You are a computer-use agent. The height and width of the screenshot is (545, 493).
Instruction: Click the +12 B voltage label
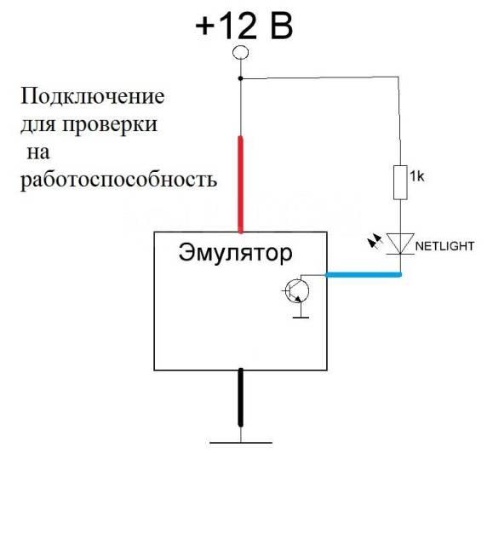coord(244,26)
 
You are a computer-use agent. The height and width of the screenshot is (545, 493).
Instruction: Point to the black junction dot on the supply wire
coord(240,78)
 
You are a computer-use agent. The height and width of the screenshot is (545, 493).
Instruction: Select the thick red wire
coord(240,184)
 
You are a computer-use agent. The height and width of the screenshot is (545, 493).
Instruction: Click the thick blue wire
coord(364,275)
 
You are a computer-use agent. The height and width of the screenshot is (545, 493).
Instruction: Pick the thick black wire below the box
coord(240,398)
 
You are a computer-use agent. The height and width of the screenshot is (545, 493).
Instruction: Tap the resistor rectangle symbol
coord(400,183)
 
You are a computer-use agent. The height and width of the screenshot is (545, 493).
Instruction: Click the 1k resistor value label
coord(417,177)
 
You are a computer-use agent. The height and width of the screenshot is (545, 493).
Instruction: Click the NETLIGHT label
coord(444,246)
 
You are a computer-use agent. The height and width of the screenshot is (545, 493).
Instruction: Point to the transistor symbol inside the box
coord(296,291)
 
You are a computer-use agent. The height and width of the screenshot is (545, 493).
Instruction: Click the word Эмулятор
coord(236,253)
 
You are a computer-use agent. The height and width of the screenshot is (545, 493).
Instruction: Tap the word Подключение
coord(93,96)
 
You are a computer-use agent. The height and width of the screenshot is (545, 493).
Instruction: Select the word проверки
coord(110,125)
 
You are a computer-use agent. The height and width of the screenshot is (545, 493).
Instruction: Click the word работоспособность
coord(119,181)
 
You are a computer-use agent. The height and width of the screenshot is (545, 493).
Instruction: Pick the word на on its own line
coord(38,152)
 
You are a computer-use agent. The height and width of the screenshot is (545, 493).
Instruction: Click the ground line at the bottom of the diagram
coord(241,443)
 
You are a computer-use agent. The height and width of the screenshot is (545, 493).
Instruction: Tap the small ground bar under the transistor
coord(301,317)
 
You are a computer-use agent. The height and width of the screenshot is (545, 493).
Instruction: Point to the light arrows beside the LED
coord(375,241)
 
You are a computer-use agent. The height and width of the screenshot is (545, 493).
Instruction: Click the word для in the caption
coord(37,125)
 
